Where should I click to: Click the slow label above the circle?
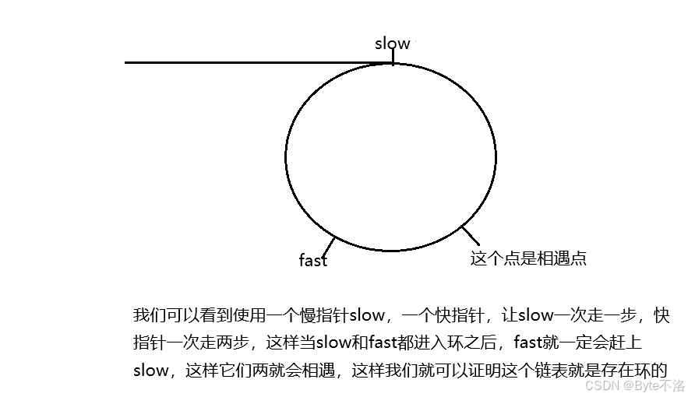(x=392, y=44)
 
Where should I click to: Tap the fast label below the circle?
(x=313, y=260)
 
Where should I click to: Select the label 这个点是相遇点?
(x=527, y=258)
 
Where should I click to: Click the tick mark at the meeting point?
(x=469, y=234)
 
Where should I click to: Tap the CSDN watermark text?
(x=601, y=386)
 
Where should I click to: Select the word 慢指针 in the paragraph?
(x=323, y=315)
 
